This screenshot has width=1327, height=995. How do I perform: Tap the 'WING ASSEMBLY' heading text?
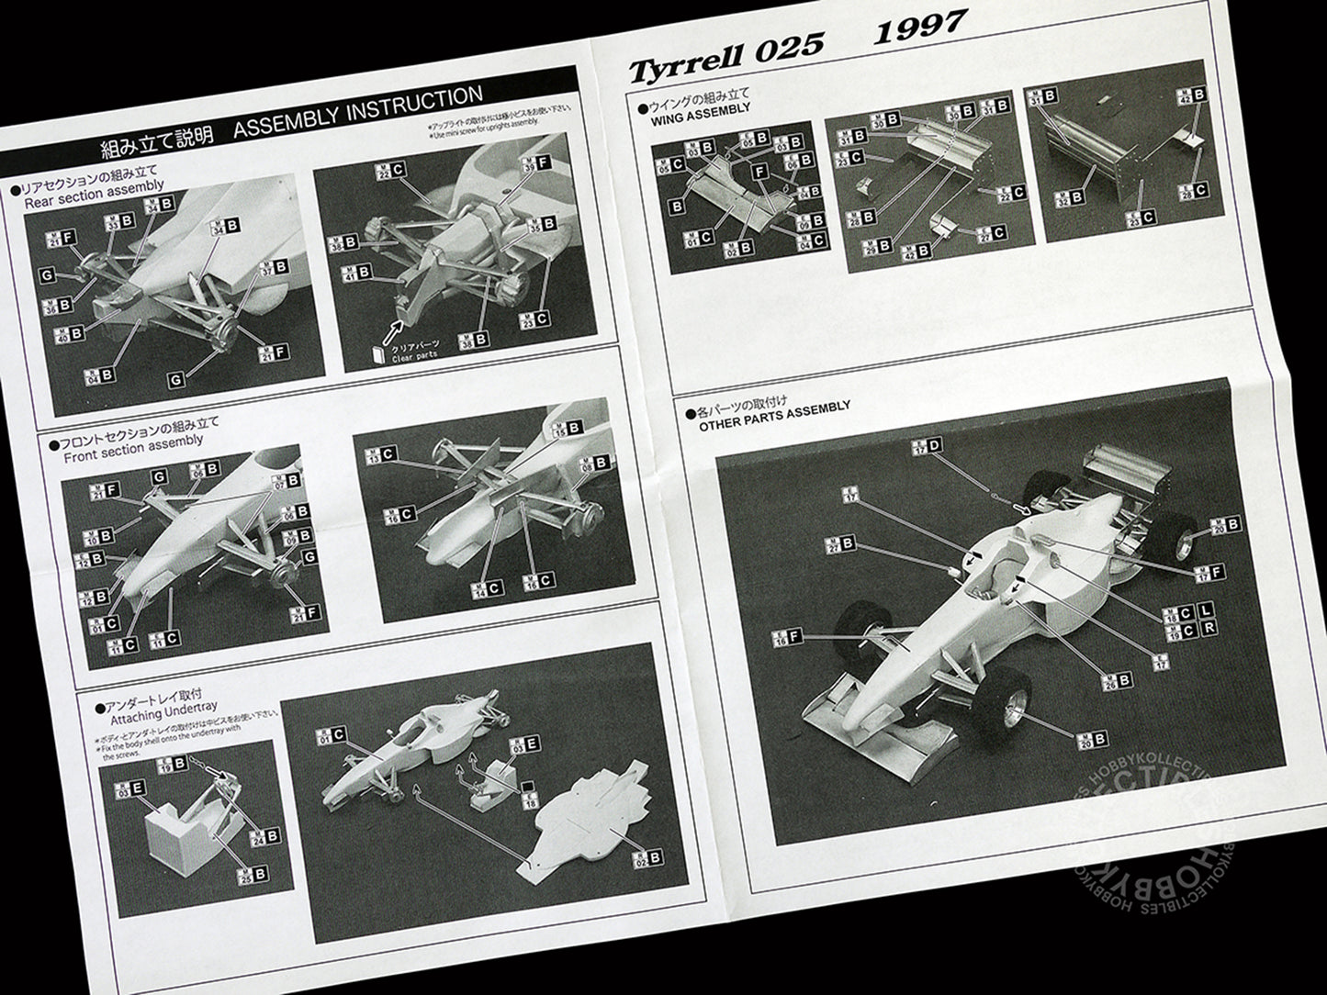700,109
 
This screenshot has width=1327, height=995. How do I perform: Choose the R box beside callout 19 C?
1207,630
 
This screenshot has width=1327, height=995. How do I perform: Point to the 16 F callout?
785,638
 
